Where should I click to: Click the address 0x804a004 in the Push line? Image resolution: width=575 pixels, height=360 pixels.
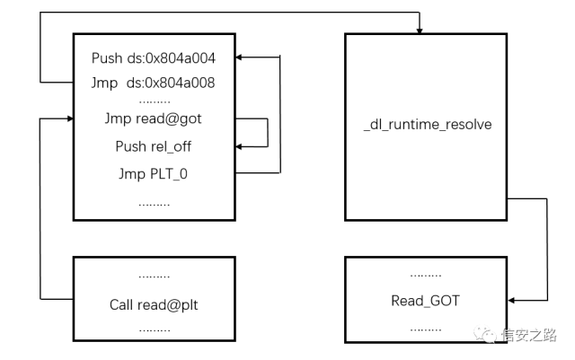click(x=182, y=58)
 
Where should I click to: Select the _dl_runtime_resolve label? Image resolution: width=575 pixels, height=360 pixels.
click(x=426, y=125)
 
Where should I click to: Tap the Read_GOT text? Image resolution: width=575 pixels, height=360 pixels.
click(x=425, y=301)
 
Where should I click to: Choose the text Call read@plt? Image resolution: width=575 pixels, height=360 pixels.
click(x=154, y=305)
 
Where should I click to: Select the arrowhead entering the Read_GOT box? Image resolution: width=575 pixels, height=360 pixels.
click(x=511, y=301)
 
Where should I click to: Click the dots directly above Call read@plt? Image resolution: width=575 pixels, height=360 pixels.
click(x=154, y=277)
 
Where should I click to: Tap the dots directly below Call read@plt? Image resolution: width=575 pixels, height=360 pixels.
click(x=154, y=329)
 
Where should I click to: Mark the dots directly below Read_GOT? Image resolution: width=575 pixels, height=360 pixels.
click(x=425, y=328)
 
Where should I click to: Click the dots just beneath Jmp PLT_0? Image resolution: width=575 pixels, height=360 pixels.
click(x=154, y=202)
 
